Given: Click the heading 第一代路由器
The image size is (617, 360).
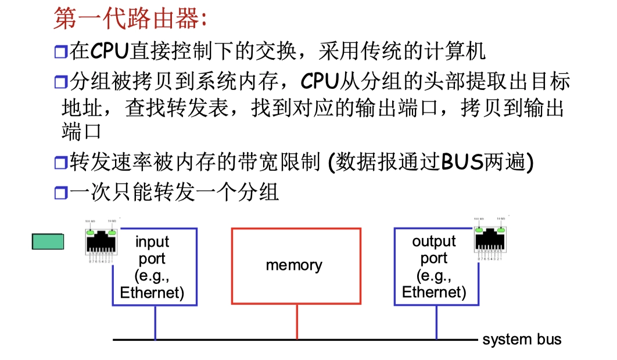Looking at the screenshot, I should tap(130, 20).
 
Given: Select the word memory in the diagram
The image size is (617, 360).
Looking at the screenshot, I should tap(294, 265).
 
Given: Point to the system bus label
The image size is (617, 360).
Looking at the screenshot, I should tap(522, 339).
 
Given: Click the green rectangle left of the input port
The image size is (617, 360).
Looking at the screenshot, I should tap(48, 242).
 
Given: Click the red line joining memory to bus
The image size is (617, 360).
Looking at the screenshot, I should tap(297, 322).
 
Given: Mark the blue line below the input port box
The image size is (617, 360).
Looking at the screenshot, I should tap(155, 322).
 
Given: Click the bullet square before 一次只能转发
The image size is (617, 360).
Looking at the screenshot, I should tap(61, 193).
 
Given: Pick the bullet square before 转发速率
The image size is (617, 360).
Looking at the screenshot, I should tap(61, 163).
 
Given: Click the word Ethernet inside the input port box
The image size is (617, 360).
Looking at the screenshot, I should tap(152, 292).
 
